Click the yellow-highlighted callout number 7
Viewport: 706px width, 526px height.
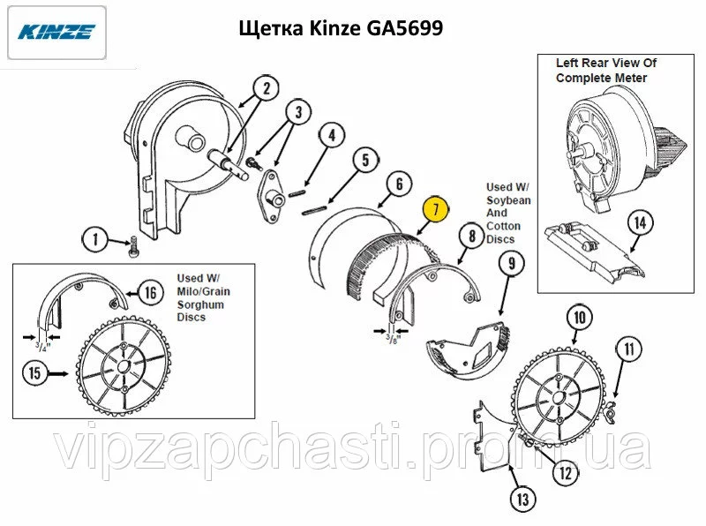tap(435, 209)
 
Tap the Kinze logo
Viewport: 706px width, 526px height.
tap(56, 32)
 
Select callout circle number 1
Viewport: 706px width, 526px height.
tap(95, 239)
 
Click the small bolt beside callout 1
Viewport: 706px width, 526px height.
tap(133, 246)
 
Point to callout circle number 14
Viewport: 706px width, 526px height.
tap(640, 223)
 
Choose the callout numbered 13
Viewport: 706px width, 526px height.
tap(522, 499)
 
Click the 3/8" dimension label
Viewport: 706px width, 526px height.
tap(393, 338)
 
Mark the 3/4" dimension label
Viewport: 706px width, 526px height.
tap(42, 346)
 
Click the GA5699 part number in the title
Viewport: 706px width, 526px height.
tap(405, 28)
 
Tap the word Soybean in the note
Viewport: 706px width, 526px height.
tap(508, 200)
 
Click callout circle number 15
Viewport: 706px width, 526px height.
tap(34, 373)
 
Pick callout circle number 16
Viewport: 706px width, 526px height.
tap(151, 293)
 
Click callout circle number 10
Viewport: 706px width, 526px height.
tap(580, 318)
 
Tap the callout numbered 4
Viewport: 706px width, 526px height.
tap(332, 135)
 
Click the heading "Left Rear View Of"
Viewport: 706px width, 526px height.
tap(606, 63)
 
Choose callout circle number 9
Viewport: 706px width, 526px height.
tap(512, 263)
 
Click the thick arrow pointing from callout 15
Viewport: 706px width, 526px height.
tap(58, 373)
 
